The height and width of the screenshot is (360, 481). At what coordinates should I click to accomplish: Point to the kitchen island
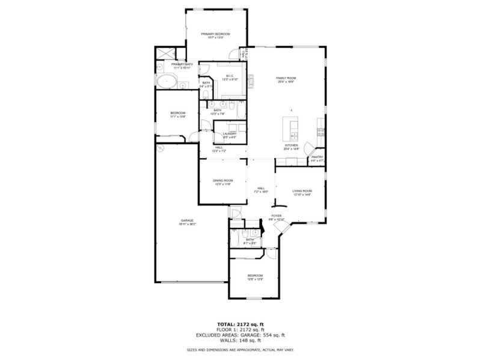point(294,128)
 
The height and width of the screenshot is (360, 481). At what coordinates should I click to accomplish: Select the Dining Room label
point(222,182)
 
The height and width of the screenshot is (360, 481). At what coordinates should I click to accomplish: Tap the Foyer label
point(277,217)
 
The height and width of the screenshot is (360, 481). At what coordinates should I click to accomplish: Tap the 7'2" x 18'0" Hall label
point(262,189)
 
